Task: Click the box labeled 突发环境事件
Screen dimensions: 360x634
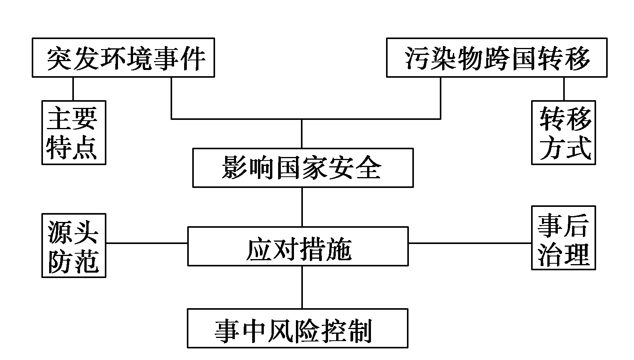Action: point(123,58)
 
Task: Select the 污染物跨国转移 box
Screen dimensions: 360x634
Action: point(497,58)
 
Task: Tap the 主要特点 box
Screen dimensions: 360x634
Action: point(73,133)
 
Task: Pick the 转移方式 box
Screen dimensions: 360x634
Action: point(563,133)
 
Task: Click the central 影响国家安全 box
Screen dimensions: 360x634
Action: point(302,168)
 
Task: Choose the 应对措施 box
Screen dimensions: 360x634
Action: point(298,246)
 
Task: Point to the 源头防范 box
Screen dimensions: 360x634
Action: point(73,245)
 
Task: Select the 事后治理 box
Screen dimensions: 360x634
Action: point(563,237)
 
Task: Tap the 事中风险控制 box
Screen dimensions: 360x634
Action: point(297,328)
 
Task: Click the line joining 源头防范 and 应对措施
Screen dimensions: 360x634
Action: point(147,243)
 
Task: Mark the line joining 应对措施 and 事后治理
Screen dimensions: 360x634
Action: point(470,243)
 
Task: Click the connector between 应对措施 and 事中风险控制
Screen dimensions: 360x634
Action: point(302,287)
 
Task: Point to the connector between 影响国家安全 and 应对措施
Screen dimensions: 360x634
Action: point(302,207)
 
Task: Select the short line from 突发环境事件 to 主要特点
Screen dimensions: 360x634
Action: point(73,89)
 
